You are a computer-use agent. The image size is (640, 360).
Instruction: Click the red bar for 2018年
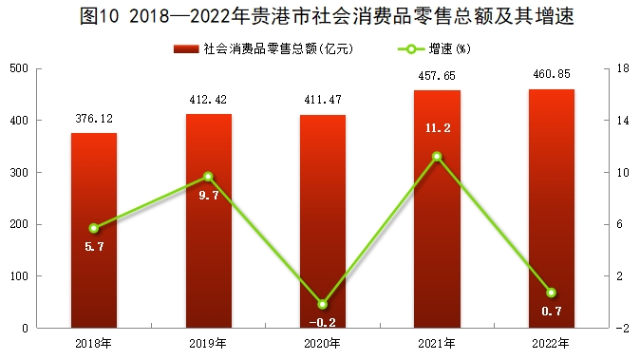(94, 230)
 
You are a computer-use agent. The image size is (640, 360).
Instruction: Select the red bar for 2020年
(323, 221)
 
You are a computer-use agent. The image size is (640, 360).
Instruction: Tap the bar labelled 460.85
(552, 209)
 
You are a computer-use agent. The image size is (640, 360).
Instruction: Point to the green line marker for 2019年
(208, 177)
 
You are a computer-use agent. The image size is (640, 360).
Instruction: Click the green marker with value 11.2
(437, 157)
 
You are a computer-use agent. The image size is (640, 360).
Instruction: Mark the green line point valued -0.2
(323, 305)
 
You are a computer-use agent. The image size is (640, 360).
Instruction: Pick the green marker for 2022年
(552, 293)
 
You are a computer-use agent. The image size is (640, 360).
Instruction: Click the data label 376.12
(94, 119)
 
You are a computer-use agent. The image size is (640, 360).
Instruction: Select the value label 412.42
(208, 100)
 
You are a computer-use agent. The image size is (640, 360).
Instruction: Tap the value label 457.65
(437, 76)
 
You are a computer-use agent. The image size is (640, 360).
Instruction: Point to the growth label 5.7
(94, 247)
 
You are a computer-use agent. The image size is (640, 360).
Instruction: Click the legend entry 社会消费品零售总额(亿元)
(263, 49)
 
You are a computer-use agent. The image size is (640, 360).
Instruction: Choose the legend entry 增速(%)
(434, 49)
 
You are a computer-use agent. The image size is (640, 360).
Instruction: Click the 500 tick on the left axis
(19, 68)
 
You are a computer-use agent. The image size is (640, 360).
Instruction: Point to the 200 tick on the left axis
(19, 224)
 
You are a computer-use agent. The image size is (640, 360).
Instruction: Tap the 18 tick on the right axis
(623, 68)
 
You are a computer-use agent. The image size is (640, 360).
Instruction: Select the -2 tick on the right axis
(623, 329)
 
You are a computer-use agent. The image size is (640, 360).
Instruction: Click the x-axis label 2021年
(437, 344)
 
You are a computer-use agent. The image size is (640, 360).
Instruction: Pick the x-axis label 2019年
(208, 344)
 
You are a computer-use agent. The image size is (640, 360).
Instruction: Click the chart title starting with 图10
(327, 16)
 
